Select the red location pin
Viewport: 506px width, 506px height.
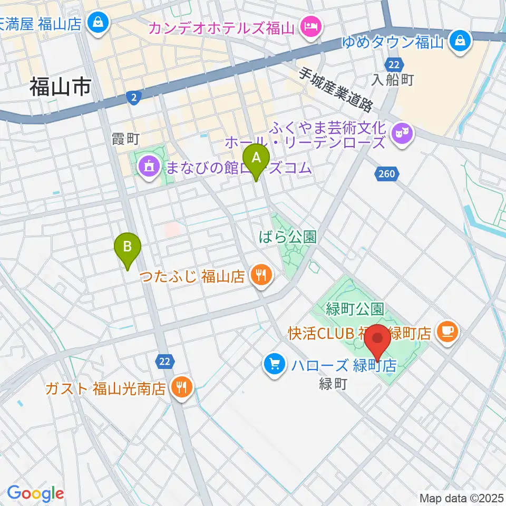coord(378,340)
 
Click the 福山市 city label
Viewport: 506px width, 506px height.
coord(60,86)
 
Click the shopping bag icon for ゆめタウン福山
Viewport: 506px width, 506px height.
coord(460,41)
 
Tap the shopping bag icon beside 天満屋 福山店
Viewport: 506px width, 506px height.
coord(99,23)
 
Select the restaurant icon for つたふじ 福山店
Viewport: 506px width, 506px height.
coord(260,274)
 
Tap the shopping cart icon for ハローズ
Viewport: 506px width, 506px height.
coord(274,364)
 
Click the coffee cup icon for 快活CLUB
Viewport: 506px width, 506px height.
coord(449,332)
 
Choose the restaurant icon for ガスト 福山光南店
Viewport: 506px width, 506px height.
coord(181,389)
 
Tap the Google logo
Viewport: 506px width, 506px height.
coord(35,493)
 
